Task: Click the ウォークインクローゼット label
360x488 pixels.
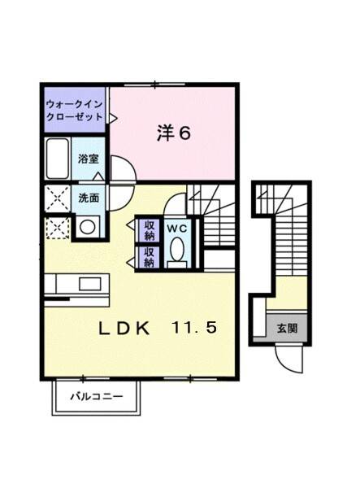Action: tap(75, 111)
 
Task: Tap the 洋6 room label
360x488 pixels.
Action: tap(173, 133)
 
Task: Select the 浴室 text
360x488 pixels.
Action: tap(88, 159)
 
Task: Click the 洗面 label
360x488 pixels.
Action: tap(89, 197)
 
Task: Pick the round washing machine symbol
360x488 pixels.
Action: tap(87, 226)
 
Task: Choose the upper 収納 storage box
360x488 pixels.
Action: tap(149, 229)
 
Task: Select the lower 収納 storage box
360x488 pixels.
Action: tap(149, 258)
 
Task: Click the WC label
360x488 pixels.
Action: tap(176, 229)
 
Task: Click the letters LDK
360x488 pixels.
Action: tap(124, 329)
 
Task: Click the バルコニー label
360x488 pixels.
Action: tap(96, 398)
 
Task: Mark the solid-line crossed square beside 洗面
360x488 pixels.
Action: tap(59, 198)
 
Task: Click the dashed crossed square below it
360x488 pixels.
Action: tap(59, 227)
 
